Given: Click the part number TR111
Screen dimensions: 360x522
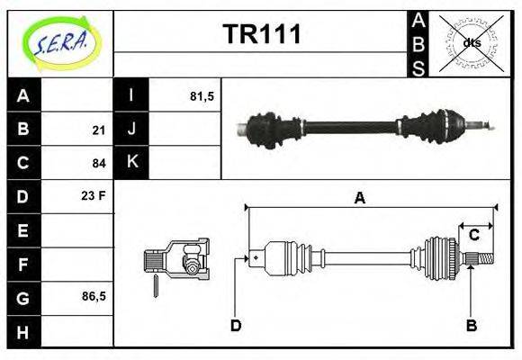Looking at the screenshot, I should point(262,35).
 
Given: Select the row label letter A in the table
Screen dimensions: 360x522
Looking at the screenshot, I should point(24,96).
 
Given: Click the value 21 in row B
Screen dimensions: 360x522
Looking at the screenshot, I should point(99,130).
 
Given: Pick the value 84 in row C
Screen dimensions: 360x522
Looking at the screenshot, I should point(99,164).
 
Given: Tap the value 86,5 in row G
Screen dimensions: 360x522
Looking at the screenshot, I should point(93,296).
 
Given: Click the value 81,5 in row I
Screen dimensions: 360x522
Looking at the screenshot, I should point(202,96).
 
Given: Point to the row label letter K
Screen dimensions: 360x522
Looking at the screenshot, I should point(131,163).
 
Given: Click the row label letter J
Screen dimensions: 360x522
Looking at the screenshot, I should point(131,130).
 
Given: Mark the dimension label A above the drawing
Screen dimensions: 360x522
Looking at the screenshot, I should point(359,199).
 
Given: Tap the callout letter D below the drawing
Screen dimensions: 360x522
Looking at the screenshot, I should point(236,325).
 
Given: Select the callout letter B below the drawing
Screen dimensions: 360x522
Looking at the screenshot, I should point(471,325).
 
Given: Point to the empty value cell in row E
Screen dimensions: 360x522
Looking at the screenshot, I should point(78,230).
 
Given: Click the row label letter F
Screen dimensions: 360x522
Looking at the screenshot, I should point(24,264).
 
